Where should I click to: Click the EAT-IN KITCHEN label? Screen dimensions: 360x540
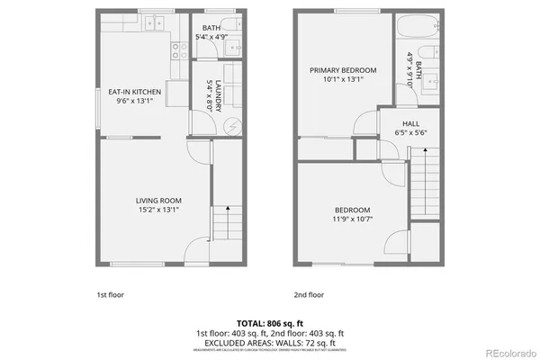click(135, 92)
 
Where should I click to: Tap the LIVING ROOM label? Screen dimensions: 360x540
click(159, 200)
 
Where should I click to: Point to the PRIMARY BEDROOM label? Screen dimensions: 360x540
click(343, 69)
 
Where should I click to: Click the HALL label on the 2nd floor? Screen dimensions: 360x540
click(410, 123)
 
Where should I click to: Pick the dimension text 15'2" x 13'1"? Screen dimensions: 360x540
click(159, 211)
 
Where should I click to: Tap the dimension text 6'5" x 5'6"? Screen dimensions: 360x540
click(410, 133)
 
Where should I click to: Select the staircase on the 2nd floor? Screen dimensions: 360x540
click(423, 184)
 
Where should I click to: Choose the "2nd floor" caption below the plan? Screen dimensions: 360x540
click(309, 294)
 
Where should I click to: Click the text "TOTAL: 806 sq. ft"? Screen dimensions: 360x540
click(270, 322)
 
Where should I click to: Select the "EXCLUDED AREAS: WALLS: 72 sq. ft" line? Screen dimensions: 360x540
click(270, 341)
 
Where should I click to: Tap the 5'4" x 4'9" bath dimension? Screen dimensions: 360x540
click(212, 37)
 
